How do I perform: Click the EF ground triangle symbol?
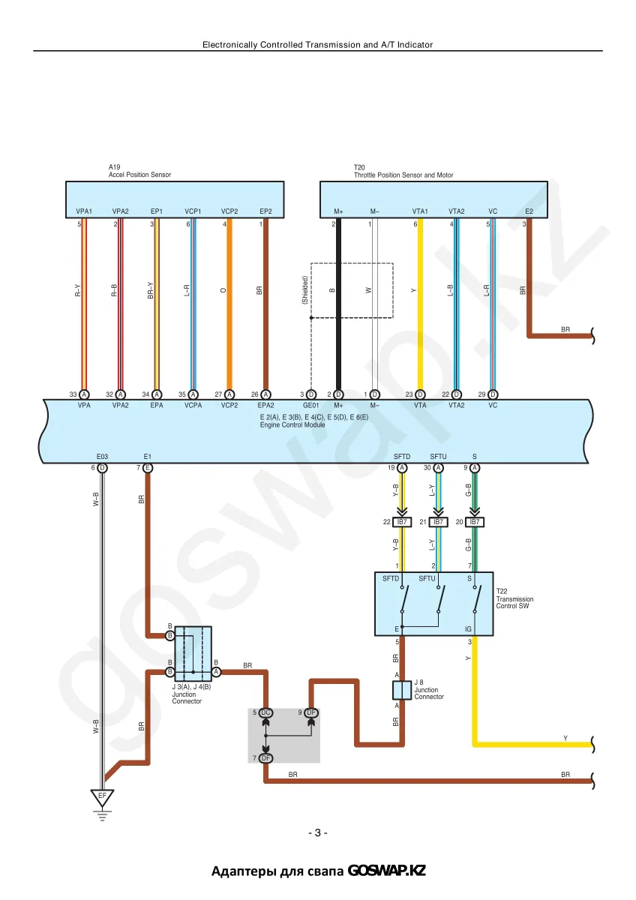coord(102,797)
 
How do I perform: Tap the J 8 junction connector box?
coord(402,690)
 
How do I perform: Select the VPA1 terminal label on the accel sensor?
coord(84,211)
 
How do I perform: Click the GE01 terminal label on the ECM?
coord(310,406)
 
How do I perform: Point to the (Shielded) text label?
coord(304,289)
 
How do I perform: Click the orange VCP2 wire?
coord(229,304)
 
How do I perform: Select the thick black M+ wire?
coord(338,304)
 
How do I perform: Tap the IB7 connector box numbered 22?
coord(402,522)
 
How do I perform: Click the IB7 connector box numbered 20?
coord(475,522)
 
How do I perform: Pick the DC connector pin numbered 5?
coord(265,712)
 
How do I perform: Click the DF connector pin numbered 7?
coord(265,758)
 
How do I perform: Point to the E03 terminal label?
coord(102,457)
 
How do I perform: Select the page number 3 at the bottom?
coord(317,833)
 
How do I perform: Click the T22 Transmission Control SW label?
coord(514,598)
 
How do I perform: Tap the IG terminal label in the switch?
coord(468,629)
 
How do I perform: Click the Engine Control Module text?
coord(292,424)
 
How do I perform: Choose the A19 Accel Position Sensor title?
coord(139,171)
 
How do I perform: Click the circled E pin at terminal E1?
coord(148,468)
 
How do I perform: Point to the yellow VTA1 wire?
coord(420,304)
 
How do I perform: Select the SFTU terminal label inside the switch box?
coord(427,578)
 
